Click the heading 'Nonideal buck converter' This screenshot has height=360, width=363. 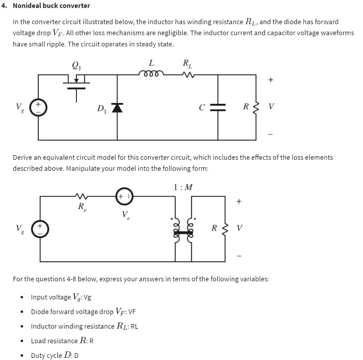(x=51, y=6)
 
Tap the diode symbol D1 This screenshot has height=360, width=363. (x=117, y=107)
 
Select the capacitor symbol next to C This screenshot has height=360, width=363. (x=217, y=107)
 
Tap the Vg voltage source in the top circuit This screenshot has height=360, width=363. (x=39, y=107)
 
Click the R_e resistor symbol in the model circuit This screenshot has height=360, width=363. (x=82, y=196)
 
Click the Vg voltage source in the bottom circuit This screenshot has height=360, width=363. (x=39, y=228)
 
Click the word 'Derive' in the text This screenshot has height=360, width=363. (x=23, y=157)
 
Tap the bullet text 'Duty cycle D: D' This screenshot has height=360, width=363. (x=55, y=355)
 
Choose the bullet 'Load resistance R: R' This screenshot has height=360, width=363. (x=62, y=340)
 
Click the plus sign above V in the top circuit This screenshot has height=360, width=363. (x=270, y=80)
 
